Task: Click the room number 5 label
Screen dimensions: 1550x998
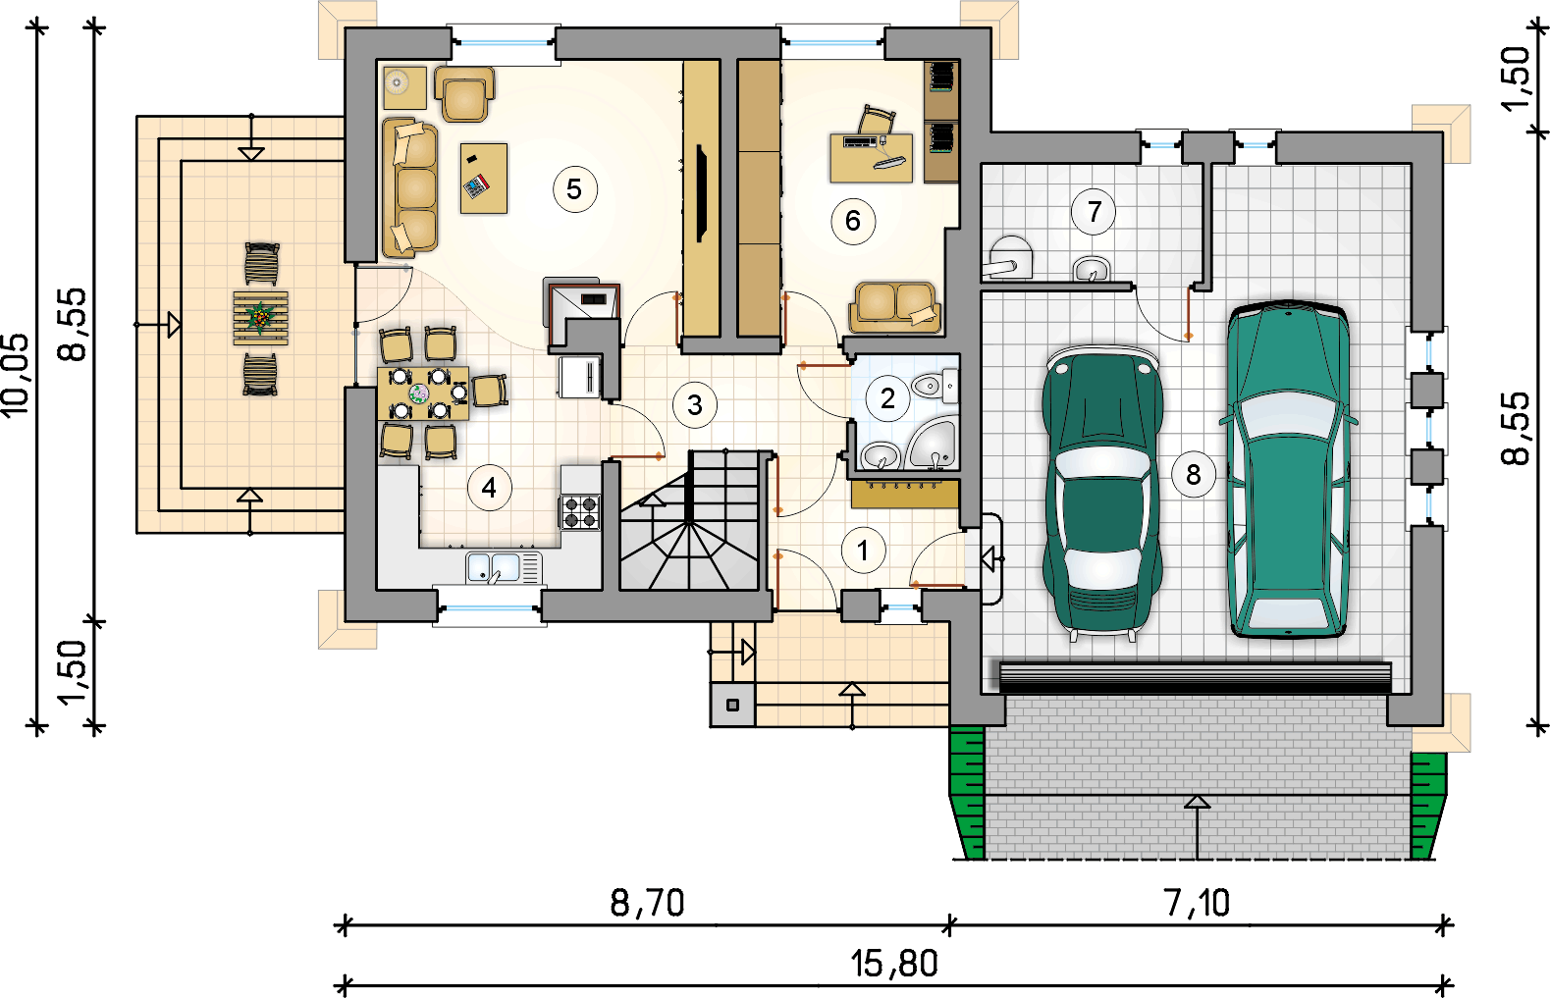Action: [574, 188]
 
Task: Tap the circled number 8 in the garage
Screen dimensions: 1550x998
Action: [1194, 474]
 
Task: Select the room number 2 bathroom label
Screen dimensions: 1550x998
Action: [887, 398]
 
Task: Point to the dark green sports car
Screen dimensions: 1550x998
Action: [1102, 493]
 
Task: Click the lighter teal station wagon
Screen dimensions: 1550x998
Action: [1288, 469]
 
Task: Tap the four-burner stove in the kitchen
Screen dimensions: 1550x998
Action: [580, 512]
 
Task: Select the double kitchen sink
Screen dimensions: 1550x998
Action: [503, 568]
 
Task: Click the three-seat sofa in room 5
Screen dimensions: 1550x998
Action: [409, 186]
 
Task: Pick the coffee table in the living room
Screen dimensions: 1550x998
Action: [484, 178]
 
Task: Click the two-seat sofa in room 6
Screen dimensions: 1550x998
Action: [895, 306]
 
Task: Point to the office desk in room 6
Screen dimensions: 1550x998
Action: [871, 158]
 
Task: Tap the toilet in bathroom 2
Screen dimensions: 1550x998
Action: [935, 386]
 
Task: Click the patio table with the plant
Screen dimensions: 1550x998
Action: [260, 317]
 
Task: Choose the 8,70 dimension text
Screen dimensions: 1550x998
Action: [647, 903]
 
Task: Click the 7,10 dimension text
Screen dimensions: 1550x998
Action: [1197, 903]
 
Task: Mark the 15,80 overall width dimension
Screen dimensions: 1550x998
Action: [894, 964]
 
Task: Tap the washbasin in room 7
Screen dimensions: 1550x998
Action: [1092, 268]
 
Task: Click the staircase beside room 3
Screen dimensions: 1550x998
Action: [689, 520]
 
